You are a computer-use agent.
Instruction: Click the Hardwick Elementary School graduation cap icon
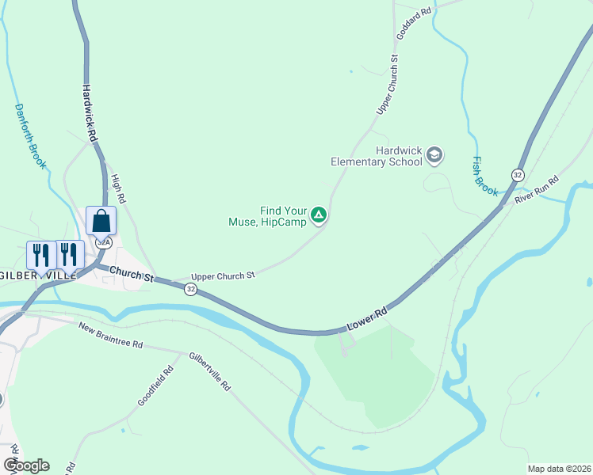[434, 154]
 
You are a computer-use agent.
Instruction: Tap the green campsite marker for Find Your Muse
[318, 215]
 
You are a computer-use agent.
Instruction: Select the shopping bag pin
[101, 221]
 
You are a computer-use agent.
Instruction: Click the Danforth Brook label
[30, 135]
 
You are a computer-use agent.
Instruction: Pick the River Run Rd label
[538, 192]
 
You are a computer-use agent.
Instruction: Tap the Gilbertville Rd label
[209, 371]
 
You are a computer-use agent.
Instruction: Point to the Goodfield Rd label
[155, 386]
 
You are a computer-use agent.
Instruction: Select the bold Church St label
[132, 274]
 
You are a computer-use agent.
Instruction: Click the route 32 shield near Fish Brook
[518, 174]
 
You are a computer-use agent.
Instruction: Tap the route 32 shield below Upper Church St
[190, 290]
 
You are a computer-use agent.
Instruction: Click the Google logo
[26, 465]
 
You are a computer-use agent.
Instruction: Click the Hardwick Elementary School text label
[377, 156]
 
